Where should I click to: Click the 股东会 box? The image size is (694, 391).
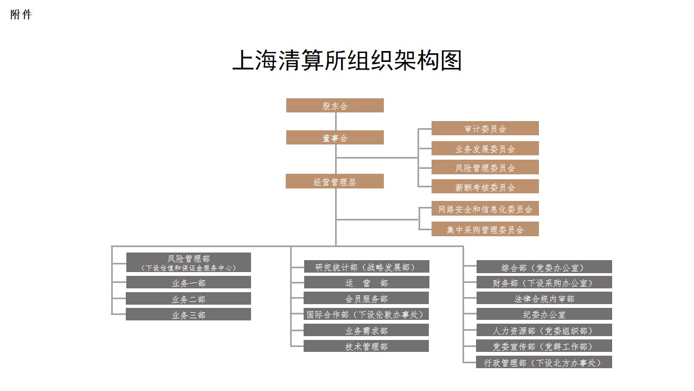coord(335,105)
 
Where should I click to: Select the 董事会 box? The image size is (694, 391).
coord(335,137)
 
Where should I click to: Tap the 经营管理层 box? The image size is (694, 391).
coord(335,181)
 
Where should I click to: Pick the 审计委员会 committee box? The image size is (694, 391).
coord(485,128)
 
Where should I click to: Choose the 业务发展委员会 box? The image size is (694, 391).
coord(485,148)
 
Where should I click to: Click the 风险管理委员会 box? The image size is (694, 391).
coord(485,167)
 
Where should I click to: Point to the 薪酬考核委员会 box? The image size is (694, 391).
coord(485,187)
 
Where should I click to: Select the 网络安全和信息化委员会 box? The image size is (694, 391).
coord(485,209)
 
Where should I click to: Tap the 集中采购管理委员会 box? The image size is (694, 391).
coord(485,229)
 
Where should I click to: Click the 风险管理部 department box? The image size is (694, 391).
coord(188,262)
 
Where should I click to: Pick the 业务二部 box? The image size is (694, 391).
coord(188,299)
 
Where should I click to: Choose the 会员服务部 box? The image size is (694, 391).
coord(366,298)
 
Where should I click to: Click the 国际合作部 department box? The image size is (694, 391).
coord(366,314)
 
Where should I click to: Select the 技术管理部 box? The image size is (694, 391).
coord(366,346)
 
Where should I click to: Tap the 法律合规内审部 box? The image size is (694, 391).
coord(544,298)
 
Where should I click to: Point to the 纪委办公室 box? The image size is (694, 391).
coord(544,314)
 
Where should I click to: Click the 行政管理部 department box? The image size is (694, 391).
coord(544,362)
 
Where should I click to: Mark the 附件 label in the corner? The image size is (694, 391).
coord(21,15)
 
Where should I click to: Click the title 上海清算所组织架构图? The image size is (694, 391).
coord(347,60)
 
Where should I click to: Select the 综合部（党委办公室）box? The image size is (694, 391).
coord(544,267)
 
